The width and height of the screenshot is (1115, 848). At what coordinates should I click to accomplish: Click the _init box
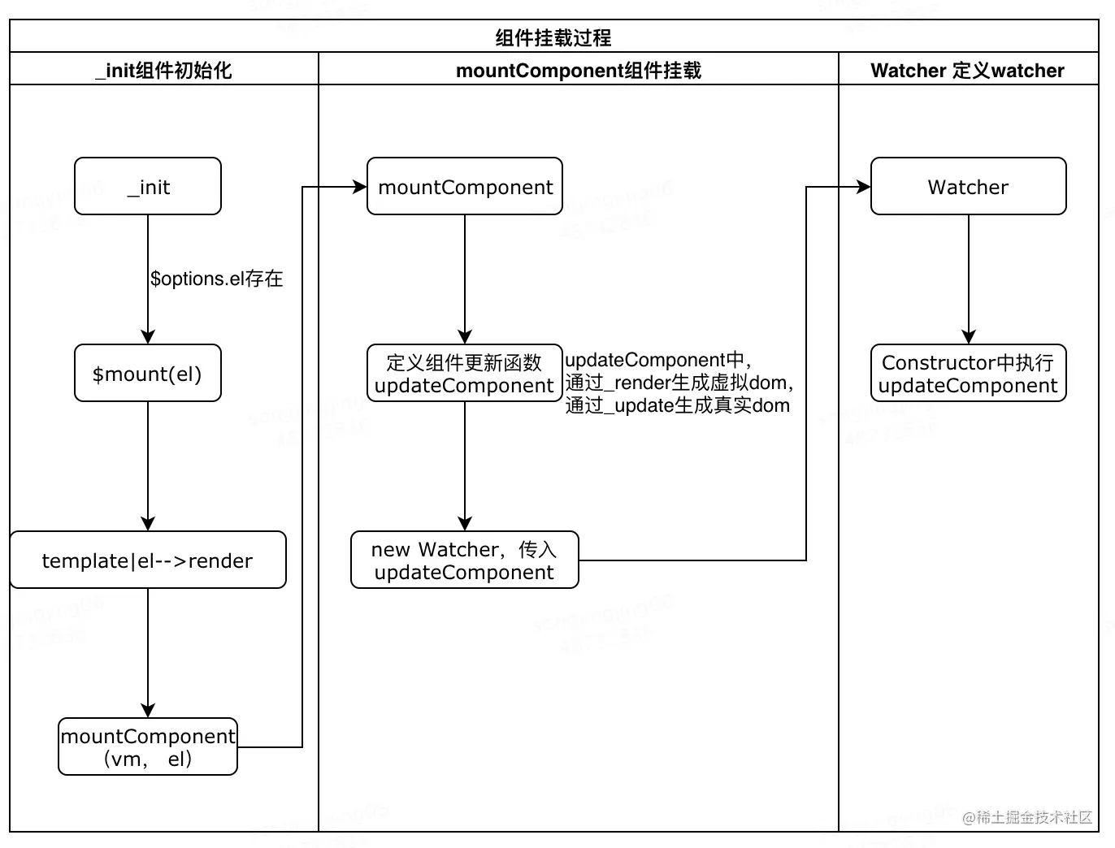pos(148,186)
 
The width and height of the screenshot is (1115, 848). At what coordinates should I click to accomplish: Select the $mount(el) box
pos(148,373)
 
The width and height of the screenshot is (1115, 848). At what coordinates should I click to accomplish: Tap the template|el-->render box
pos(148,560)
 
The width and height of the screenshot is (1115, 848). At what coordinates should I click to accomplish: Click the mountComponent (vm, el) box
pos(148,746)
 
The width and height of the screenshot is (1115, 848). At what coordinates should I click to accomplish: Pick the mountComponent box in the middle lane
pos(465,186)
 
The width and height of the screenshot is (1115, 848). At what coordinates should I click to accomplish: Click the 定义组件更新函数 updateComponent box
pos(465,373)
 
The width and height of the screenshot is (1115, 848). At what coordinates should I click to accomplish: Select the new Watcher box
pos(465,560)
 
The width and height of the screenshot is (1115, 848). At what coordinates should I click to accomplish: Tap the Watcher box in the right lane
pos(968,186)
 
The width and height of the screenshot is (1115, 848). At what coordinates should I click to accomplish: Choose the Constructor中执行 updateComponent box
pos(968,373)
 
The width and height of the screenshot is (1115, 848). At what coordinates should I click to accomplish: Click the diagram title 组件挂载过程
pos(553,37)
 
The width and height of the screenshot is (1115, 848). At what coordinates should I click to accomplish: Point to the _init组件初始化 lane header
pos(164,70)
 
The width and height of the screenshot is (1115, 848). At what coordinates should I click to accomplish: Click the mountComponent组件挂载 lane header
pos(579,70)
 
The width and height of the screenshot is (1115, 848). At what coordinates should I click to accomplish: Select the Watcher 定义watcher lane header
pos(967,70)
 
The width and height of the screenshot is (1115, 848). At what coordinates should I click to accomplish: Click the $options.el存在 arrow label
pos(216,279)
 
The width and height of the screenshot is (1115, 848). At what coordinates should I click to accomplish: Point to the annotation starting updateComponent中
pos(679,383)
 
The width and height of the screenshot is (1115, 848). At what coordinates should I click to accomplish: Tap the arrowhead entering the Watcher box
pos(864,187)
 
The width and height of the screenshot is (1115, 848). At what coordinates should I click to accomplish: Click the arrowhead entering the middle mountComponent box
pos(360,187)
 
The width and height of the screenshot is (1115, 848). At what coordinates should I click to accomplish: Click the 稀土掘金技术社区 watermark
pos(1027,817)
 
